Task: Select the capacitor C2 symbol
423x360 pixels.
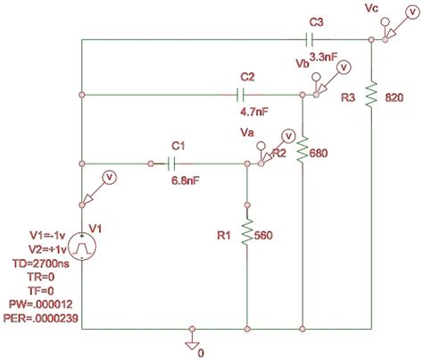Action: point(238,93)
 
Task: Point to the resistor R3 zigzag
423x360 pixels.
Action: point(371,92)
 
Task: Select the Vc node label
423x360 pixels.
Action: point(374,9)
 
